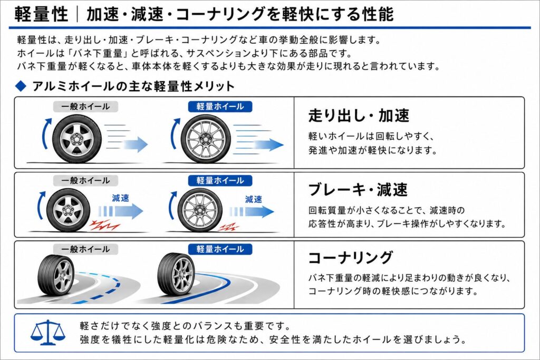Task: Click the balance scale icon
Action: pos(48,332)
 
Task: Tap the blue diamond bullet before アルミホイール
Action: pos(21,86)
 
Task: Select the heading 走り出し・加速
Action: pos(359,115)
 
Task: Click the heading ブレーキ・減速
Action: pos(358,189)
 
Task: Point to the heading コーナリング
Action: pos(350,257)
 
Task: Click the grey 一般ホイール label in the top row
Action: pos(85,106)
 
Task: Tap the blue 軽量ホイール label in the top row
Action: pos(220,106)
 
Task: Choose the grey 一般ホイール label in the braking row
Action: pos(85,180)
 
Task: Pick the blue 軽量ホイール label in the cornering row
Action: pos(220,249)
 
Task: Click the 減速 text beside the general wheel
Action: pos(121,198)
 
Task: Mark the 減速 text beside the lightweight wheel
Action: pos(254,199)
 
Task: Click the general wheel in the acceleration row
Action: pos(77,139)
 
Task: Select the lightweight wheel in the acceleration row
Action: pos(206,139)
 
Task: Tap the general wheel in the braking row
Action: pos(68,210)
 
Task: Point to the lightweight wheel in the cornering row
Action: pos(176,274)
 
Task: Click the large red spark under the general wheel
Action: pos(104,225)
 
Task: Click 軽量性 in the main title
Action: pos(41,14)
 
